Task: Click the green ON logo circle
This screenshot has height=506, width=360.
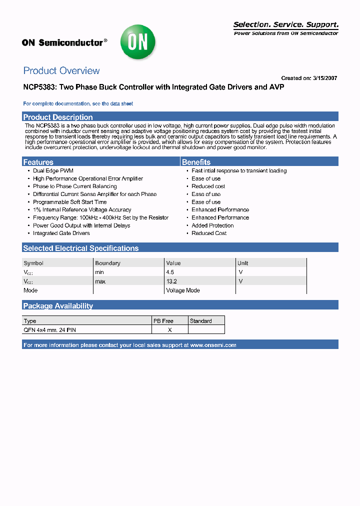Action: [137, 42]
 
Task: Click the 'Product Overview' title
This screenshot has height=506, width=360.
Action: [61, 71]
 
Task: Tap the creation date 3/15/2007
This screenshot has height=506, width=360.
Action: [325, 78]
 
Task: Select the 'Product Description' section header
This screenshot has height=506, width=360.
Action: [58, 117]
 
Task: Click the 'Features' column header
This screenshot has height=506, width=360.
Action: [38, 162]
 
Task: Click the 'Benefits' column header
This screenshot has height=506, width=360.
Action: [196, 162]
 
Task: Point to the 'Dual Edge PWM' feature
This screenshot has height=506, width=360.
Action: [53, 171]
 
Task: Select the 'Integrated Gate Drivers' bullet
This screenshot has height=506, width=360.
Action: [61, 233]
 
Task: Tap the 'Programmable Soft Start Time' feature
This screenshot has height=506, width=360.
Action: [70, 202]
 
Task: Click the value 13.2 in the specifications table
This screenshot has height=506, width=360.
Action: [172, 281]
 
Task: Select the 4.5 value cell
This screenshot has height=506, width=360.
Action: [170, 272]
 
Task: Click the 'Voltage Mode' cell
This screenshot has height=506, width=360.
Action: [183, 290]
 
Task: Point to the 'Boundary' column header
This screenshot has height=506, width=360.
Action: [107, 263]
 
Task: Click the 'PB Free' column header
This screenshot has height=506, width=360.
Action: [163, 321]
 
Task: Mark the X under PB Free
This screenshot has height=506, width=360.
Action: [170, 330]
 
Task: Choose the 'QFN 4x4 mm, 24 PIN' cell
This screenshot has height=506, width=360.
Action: [50, 330]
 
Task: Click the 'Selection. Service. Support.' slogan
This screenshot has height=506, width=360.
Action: [286, 24]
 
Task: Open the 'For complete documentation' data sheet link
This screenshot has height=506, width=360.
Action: [78, 104]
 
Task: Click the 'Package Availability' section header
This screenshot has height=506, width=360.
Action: [58, 306]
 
